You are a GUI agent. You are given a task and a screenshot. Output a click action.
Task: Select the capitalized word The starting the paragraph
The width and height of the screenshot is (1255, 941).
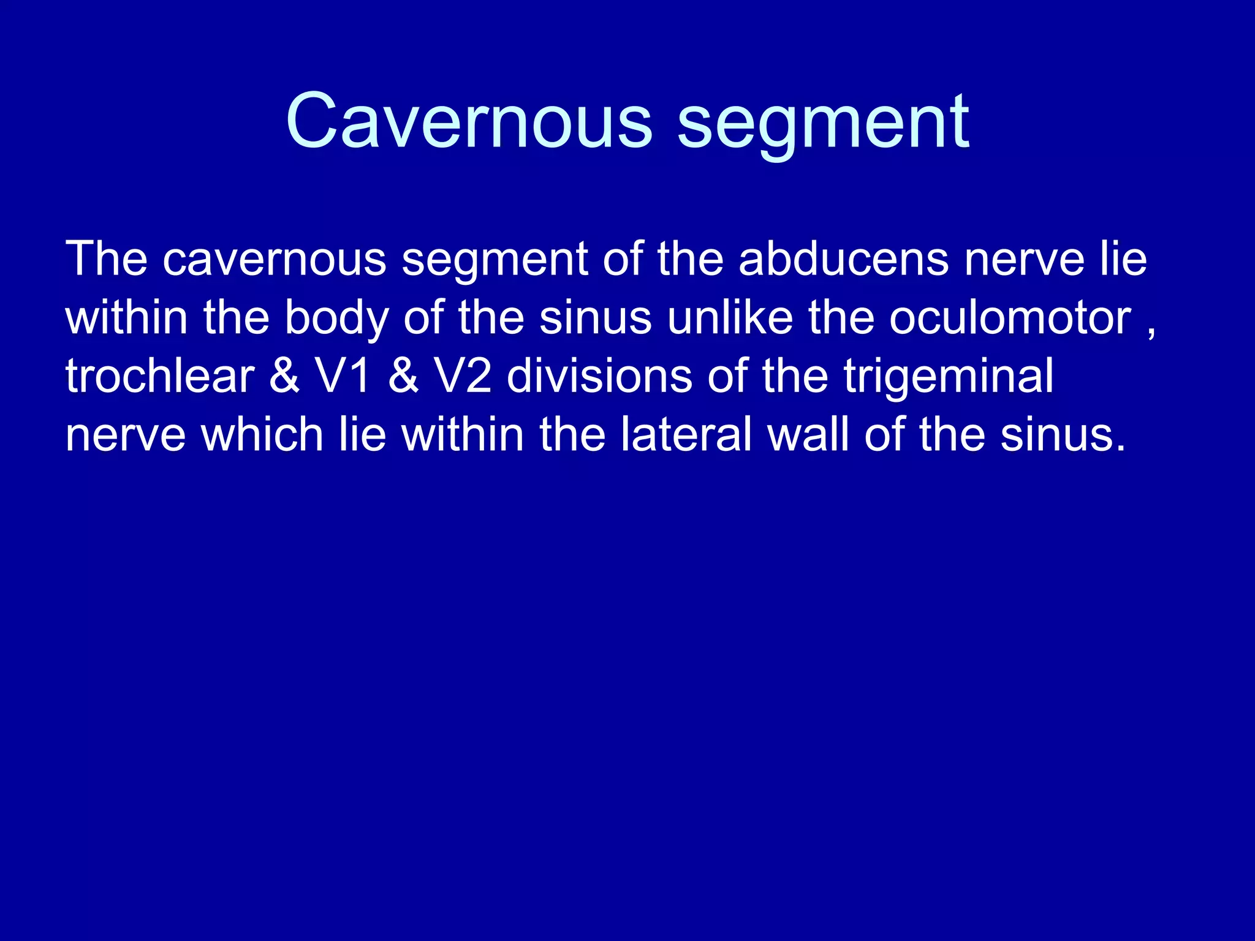[106, 259]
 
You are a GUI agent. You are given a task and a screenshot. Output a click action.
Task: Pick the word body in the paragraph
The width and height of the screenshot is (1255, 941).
[336, 319]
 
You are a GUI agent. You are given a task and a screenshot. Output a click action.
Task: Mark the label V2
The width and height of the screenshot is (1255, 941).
[463, 376]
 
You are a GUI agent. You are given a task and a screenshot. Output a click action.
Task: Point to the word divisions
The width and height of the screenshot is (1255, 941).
[599, 376]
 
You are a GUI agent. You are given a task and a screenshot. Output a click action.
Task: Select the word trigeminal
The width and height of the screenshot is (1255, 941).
[948, 377]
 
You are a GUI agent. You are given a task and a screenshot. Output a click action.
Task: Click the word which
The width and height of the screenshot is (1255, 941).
[262, 434]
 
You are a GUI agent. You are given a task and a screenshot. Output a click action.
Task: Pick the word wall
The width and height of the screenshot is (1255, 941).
[808, 434]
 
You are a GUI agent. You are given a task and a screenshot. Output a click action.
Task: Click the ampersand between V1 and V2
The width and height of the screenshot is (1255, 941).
[403, 376]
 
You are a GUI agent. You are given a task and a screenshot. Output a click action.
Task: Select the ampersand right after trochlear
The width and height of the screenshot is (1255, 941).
[284, 376]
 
